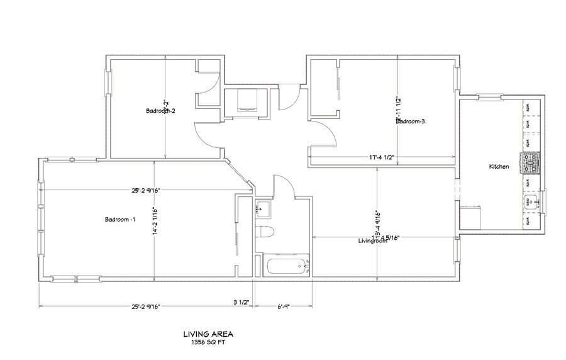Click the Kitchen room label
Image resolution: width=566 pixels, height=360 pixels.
pyautogui.click(x=499, y=167)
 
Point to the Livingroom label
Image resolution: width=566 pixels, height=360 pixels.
pyautogui.click(x=372, y=241)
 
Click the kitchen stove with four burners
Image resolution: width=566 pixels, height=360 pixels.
pyautogui.click(x=530, y=164)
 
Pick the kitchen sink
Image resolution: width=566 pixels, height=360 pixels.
pyautogui.click(x=530, y=203)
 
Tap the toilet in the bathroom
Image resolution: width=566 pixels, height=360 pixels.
pyautogui.click(x=265, y=230)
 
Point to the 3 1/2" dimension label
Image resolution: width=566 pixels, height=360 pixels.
pyautogui.click(x=241, y=303)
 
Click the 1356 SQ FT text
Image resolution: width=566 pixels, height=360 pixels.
pyautogui.click(x=203, y=343)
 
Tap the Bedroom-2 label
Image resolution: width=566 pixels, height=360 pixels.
pyautogui.click(x=160, y=111)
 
